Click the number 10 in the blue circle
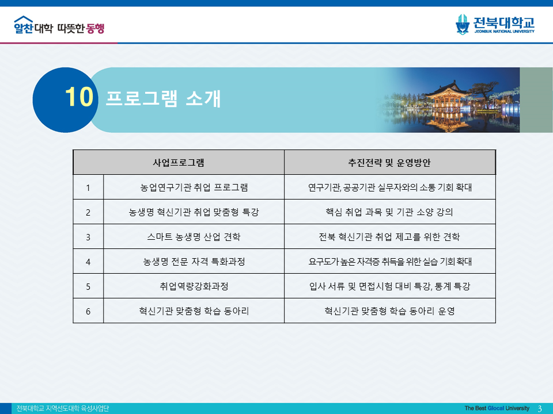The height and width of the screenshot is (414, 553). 78,98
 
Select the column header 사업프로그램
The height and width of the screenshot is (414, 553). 179,162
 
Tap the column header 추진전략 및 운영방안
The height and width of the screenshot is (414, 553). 389,162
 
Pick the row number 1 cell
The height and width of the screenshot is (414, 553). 88,187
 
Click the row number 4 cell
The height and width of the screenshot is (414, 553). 88,262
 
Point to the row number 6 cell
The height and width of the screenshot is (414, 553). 88,311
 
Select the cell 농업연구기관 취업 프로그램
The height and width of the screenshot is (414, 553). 194,187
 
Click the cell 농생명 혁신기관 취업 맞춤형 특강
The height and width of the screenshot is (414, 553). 194,212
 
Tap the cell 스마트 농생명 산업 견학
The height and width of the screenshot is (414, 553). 194,237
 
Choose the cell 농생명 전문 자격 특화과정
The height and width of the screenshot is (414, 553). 194,262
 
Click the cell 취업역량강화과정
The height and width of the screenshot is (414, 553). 194,286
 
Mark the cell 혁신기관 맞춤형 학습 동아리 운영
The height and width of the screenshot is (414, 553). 389,311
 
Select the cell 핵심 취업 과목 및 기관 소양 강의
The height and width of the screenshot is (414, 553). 389,212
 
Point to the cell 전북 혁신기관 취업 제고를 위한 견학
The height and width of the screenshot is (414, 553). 389,237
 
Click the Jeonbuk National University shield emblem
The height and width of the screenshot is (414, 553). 462,24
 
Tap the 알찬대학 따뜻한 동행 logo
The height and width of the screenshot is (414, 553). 59,26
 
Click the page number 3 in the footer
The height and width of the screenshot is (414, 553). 540,408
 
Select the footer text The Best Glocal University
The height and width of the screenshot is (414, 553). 497,408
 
